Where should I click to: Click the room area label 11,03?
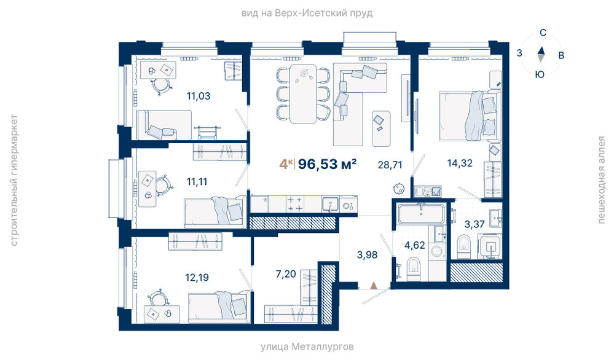click(x=199, y=96)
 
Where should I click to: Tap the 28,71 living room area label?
click(x=390, y=165)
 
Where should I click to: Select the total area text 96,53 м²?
click(x=328, y=164)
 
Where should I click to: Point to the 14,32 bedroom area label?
click(x=460, y=163)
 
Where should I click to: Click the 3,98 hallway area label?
click(x=367, y=255)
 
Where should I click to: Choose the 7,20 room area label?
click(x=286, y=274)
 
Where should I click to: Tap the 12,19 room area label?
click(x=197, y=278)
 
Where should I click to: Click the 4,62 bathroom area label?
click(x=415, y=245)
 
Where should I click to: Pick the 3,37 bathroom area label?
click(x=474, y=224)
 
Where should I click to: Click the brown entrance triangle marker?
click(x=374, y=285)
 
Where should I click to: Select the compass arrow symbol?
click(x=541, y=55)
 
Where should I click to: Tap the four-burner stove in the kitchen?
click(x=295, y=204)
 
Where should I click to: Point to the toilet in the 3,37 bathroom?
click(x=464, y=246)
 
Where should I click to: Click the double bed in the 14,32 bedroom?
click(x=470, y=115)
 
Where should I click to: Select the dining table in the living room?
click(x=303, y=93)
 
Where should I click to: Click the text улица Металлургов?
click(x=307, y=346)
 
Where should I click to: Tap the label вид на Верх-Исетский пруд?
click(x=307, y=14)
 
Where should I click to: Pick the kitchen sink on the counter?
click(x=331, y=204)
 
